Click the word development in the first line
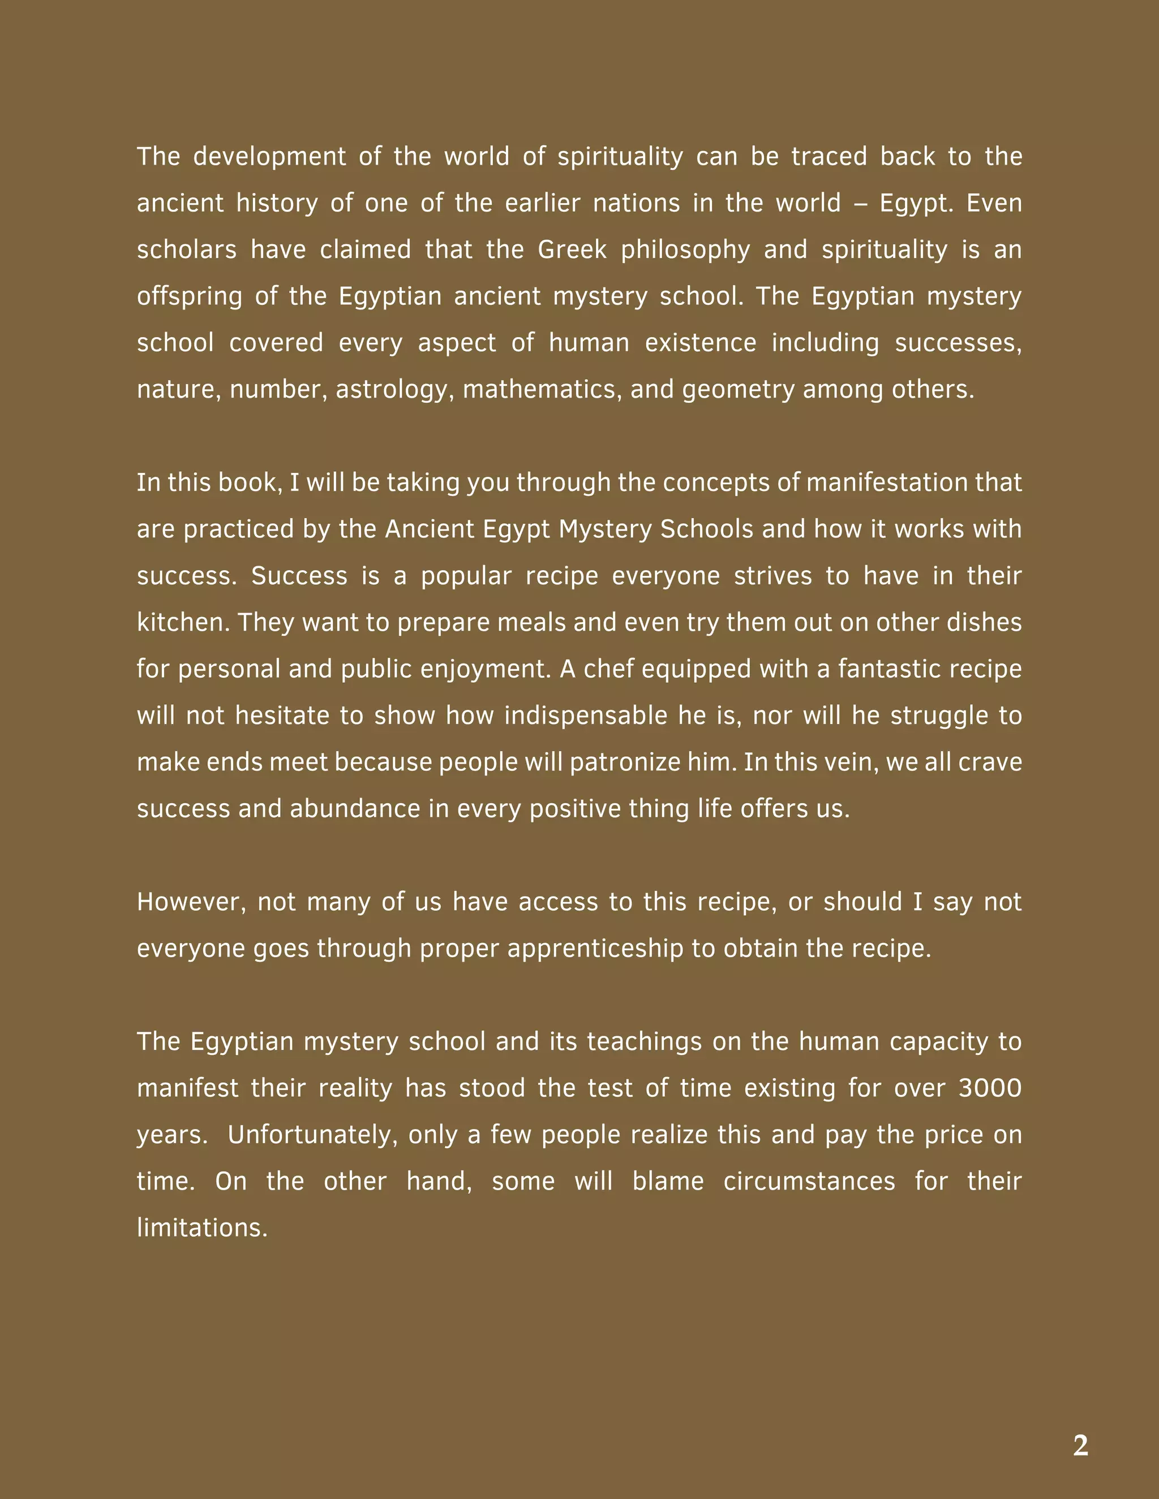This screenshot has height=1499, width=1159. click(269, 157)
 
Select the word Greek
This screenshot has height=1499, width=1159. click(572, 250)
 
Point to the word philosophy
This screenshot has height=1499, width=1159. click(685, 250)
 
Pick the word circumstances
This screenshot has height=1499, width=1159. click(809, 1182)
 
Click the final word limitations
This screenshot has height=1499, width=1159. click(202, 1228)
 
